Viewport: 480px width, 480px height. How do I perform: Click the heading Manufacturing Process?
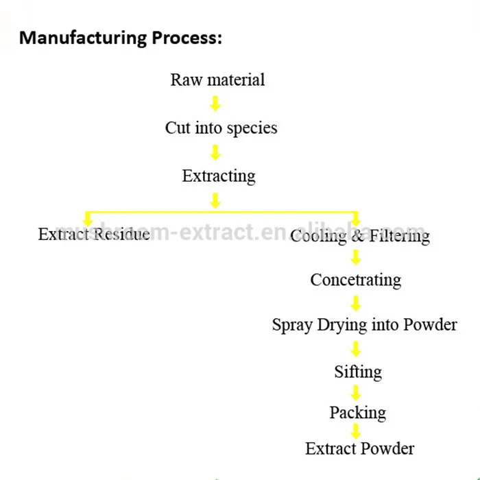pos(121,38)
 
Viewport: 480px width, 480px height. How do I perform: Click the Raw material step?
pos(217,80)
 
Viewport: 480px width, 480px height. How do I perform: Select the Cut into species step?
pos(221,128)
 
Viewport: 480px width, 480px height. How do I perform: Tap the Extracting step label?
pos(219,176)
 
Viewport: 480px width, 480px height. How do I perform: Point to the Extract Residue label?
pos(94,235)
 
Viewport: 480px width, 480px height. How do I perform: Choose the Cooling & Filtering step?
pos(360,237)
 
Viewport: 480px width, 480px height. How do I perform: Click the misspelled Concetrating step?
pos(355,280)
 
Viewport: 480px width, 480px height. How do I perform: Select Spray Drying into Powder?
pos(364,324)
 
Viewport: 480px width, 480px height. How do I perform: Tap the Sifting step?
pos(358,372)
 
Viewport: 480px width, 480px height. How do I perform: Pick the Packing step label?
pos(357,413)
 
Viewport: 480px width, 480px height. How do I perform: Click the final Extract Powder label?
pos(360,449)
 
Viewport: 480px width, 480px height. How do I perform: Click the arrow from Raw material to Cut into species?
pos(215,104)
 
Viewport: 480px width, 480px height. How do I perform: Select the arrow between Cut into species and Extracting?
pos(215,152)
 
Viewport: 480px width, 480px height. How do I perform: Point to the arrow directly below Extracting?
pos(215,200)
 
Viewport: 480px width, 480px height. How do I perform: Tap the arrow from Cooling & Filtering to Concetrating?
pos(355,258)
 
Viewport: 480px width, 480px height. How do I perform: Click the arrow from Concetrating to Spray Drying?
pos(355,302)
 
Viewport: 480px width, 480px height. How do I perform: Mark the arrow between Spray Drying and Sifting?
pos(355,348)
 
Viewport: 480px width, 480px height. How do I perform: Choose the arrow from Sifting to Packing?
pos(355,393)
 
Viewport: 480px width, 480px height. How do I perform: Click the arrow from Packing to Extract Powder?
pos(355,431)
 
